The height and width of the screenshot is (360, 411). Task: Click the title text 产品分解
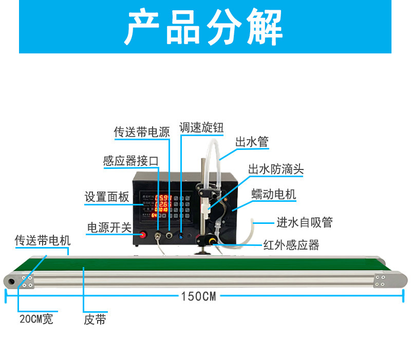point(204,28)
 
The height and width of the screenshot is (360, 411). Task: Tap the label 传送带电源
point(142,131)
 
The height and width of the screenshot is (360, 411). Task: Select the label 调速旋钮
point(201,126)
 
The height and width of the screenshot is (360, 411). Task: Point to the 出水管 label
point(252,142)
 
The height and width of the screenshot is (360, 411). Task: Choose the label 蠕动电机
point(273,195)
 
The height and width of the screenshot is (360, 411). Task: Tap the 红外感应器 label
point(291,245)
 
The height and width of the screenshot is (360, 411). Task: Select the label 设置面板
point(107,197)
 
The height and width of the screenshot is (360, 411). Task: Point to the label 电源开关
point(109,228)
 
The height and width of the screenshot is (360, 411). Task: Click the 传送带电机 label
point(43,240)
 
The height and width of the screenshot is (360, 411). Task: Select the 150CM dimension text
point(198,296)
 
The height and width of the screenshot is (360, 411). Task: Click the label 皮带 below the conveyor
point(95,319)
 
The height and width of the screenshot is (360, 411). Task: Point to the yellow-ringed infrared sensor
point(211,240)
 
